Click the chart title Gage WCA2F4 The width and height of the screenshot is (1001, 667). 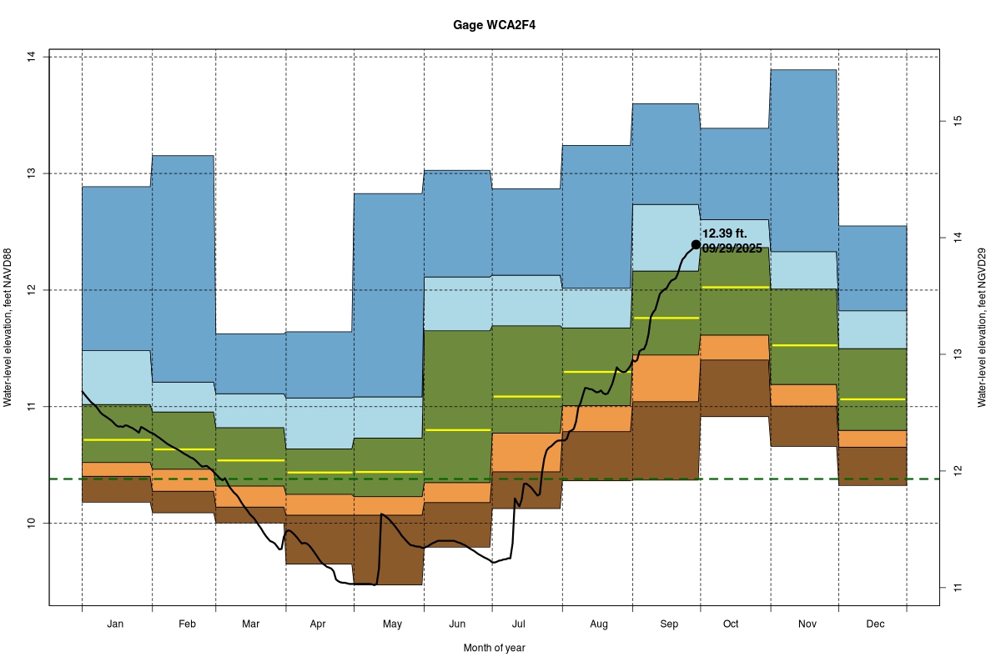(495, 25)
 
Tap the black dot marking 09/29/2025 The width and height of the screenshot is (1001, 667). (696, 244)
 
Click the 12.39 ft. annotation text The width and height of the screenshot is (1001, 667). (726, 233)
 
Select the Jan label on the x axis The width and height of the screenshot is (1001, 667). (116, 624)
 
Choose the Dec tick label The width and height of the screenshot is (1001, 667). (875, 624)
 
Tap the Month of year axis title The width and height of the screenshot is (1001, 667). (495, 648)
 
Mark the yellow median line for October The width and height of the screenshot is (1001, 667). (734, 287)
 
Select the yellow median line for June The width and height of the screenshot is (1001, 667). (457, 429)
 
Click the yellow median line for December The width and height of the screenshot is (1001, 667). (873, 399)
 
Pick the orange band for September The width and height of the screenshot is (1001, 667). (666, 378)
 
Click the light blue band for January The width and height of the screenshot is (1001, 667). (116, 377)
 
